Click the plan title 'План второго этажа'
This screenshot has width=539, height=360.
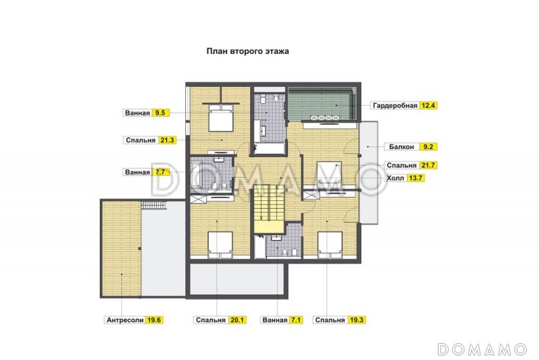click(247, 51)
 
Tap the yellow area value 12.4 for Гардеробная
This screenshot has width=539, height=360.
click(428, 106)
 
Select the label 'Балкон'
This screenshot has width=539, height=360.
click(402, 147)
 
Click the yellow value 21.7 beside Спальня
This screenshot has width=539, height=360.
click(428, 165)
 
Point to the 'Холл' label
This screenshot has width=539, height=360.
click(396, 178)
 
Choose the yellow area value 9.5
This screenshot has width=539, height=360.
click(160, 113)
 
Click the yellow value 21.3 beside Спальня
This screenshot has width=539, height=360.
click(167, 140)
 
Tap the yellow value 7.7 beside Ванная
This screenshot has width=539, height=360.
click(160, 173)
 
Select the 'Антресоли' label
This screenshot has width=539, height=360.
click(125, 320)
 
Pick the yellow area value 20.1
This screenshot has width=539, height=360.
click(237, 320)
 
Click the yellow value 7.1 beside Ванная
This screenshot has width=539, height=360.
click(295, 320)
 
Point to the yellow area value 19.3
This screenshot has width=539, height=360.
click(356, 320)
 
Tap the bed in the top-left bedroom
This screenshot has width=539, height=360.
click(221, 118)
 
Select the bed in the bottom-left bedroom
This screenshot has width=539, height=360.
click(220, 245)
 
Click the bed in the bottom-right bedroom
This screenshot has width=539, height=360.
click(330, 245)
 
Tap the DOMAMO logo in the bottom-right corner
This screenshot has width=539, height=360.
click(482, 349)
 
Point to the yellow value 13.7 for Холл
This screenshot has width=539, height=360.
click(416, 178)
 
